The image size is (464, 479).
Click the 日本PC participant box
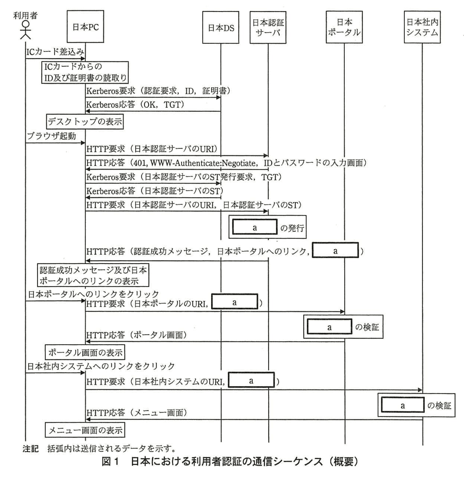(x=85, y=27)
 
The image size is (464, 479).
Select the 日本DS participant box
(x=221, y=28)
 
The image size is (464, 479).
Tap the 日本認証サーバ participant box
(x=268, y=27)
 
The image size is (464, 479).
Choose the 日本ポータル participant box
(x=344, y=27)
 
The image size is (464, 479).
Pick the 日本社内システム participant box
(x=422, y=27)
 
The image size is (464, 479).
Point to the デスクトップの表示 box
(x=85, y=121)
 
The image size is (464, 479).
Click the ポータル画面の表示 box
(x=85, y=352)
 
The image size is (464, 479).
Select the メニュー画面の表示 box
(x=85, y=430)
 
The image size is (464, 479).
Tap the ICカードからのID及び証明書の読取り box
(x=85, y=72)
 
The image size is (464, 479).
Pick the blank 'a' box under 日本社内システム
(x=402, y=405)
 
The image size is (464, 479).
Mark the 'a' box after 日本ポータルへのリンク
(x=335, y=251)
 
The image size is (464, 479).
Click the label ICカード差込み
(x=55, y=51)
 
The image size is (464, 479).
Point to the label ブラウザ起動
(x=51, y=136)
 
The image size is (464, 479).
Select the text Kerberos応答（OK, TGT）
(x=135, y=104)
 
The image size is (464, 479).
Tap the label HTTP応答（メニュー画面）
(x=137, y=413)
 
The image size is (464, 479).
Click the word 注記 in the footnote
(x=30, y=448)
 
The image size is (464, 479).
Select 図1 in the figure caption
(x=110, y=462)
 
